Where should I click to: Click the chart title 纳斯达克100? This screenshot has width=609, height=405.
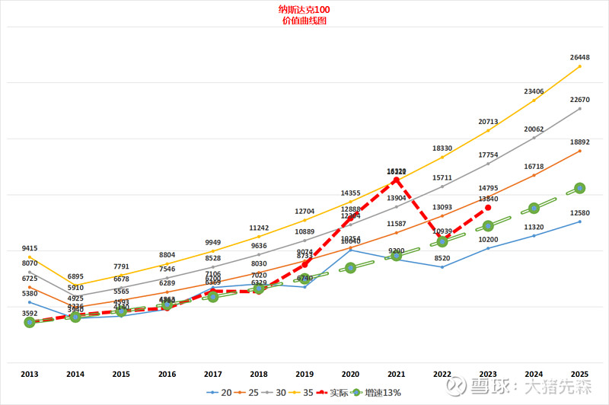304,10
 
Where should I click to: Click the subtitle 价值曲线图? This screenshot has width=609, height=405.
304,21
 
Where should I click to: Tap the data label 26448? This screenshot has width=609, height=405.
579,57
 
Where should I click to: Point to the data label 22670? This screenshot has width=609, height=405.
579,100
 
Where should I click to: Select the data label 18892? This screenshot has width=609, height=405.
579,142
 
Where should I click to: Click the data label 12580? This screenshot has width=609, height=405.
579,212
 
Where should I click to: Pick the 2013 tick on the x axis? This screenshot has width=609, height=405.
30,374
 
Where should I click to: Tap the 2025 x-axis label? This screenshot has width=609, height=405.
579,374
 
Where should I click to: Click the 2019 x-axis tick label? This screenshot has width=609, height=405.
304,374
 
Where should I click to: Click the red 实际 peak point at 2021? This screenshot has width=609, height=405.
397,180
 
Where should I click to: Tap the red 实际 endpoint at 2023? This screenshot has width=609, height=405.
488,207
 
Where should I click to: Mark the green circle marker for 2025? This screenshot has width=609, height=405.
579,187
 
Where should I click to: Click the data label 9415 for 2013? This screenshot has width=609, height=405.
30,248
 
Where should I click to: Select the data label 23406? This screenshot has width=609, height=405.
534,91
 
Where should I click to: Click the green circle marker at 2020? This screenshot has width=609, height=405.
350,267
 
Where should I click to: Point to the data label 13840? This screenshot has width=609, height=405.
488,199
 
